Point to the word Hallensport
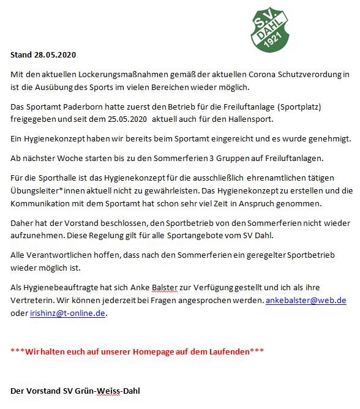244,118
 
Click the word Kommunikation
44,203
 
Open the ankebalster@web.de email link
306,301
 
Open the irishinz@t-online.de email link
68,313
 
